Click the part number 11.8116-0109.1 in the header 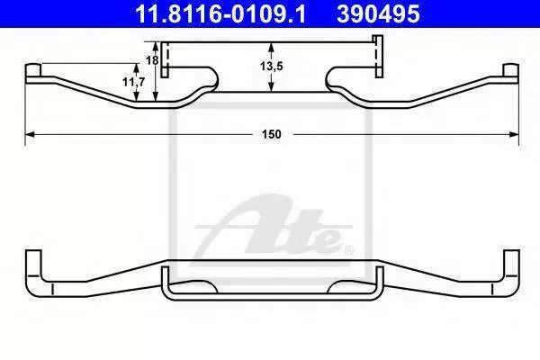(x=220, y=13)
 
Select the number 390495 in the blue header (x=378, y=13)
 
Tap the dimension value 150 (x=272, y=134)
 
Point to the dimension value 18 (x=152, y=60)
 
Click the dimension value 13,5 (x=272, y=66)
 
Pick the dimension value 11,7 (x=134, y=82)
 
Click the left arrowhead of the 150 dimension (x=30, y=134)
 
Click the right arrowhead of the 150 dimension (x=514, y=134)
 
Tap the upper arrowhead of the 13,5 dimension (x=272, y=47)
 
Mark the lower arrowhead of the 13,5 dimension (x=272, y=87)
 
